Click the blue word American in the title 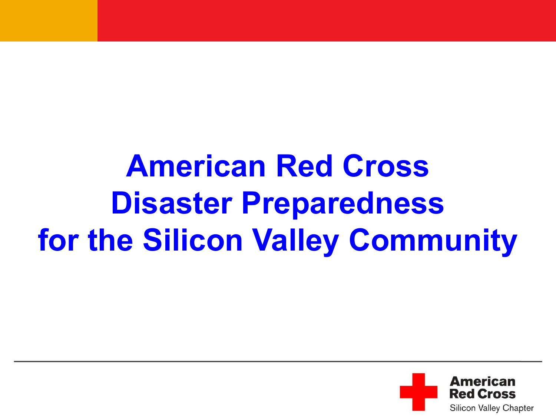(196, 166)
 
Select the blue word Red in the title (304, 166)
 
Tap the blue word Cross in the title (385, 166)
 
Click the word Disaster (172, 203)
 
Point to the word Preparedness (343, 205)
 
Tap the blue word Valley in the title (295, 242)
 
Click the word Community (433, 242)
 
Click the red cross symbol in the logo (418, 392)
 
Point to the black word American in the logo (483, 381)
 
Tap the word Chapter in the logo (518, 408)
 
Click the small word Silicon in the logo (463, 408)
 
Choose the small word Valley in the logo (489, 408)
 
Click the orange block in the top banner (49, 20)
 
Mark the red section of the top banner (327, 20)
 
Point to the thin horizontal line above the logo (278, 361)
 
